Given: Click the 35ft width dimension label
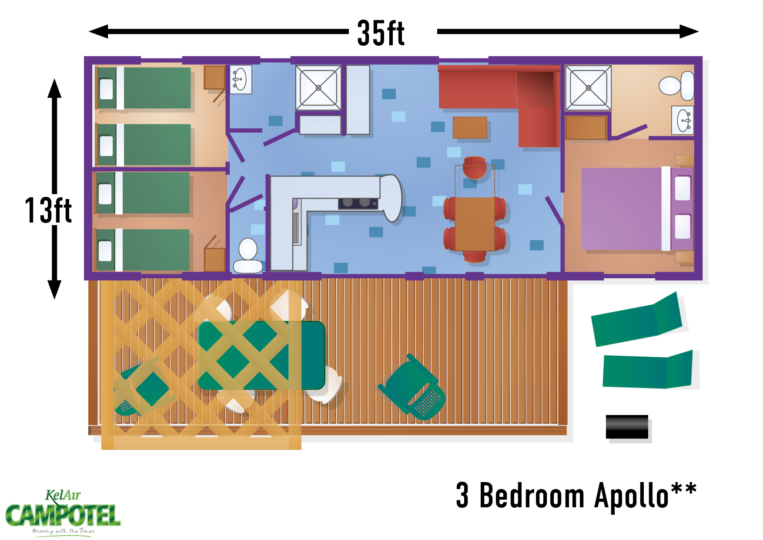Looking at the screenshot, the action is (x=381, y=33).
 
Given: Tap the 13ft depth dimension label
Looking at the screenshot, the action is (x=48, y=210).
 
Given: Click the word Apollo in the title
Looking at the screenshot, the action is (x=631, y=496).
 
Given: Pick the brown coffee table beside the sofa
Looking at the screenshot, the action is (x=470, y=128).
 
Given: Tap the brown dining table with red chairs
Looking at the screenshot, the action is (x=475, y=223).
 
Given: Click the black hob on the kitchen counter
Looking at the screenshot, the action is (x=358, y=203).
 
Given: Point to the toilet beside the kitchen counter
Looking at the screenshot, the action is (x=248, y=256).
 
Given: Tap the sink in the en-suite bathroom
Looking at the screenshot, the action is (x=683, y=120).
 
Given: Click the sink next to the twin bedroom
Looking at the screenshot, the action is (x=241, y=80).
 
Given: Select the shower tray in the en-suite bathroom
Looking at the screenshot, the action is (x=588, y=88).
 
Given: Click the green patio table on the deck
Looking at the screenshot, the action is (x=261, y=355).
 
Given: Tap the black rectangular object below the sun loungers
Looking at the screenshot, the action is (x=627, y=427).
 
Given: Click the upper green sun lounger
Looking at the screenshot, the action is (x=636, y=320).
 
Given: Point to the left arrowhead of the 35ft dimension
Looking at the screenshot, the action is (x=98, y=31).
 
